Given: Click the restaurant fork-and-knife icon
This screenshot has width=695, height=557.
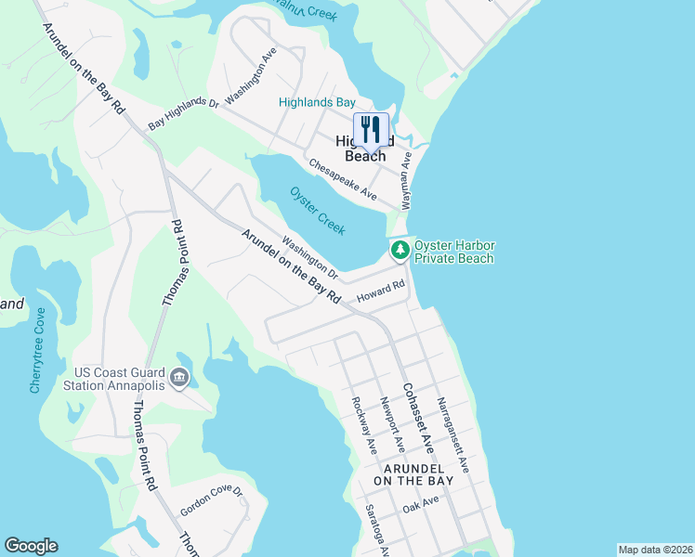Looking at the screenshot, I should click(371, 128).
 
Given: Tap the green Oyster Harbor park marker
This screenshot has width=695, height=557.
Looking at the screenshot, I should click(400, 249).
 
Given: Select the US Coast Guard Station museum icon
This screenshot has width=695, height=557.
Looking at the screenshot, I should click(180, 377).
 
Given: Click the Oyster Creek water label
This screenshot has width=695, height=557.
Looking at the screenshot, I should click(318, 210).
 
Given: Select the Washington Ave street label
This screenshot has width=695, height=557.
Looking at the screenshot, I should click(252, 74).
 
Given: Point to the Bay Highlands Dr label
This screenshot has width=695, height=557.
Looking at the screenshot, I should click(182, 114).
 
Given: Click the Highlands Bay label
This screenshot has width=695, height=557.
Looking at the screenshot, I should click(318, 102).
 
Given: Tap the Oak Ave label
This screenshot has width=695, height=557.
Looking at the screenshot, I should click(420, 505).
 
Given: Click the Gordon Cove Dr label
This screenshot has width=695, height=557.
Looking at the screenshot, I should click(211, 501).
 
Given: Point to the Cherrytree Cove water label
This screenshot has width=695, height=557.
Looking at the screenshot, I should click(37, 351).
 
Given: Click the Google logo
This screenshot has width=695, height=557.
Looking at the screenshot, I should click(31, 546).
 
